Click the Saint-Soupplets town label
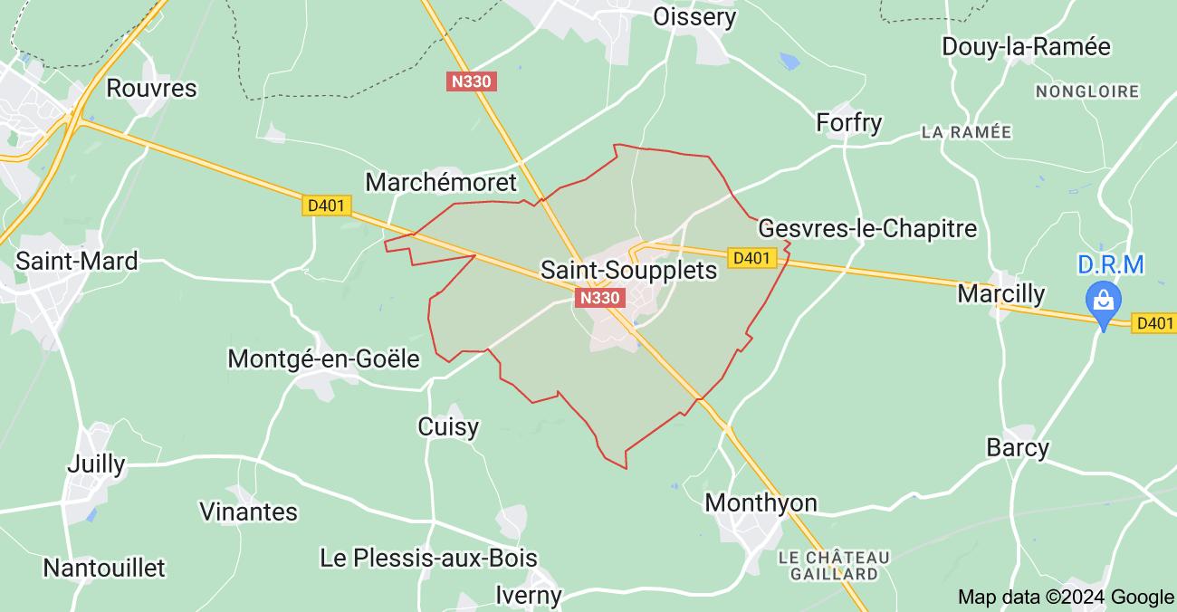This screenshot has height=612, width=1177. point(628,270)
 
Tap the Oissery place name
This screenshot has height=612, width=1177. point(694,16)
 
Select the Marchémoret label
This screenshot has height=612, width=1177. point(441,182)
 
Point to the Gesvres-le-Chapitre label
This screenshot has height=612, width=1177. point(867,228)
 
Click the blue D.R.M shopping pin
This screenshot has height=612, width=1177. point(1104,300)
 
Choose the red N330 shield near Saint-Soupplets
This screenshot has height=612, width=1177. point(600,298)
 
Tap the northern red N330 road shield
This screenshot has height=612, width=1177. point(472,81)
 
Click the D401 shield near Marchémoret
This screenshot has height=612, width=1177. point(326,206)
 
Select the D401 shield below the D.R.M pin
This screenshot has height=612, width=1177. point(1154,323)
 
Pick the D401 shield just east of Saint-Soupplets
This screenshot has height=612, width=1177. point(752,258)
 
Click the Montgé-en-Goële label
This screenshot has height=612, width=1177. point(323,359)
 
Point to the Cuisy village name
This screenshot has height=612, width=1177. point(448,426)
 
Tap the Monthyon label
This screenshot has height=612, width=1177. point(761,502)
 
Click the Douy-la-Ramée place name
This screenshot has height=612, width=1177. point(1026,46)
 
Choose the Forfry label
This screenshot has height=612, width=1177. point(848,122)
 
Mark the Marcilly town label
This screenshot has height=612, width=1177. point(1000,294)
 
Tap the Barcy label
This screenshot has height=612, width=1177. point(1017,447)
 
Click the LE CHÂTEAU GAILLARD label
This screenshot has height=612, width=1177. point(834,565)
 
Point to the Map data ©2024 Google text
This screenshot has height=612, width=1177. point(1066,597)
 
